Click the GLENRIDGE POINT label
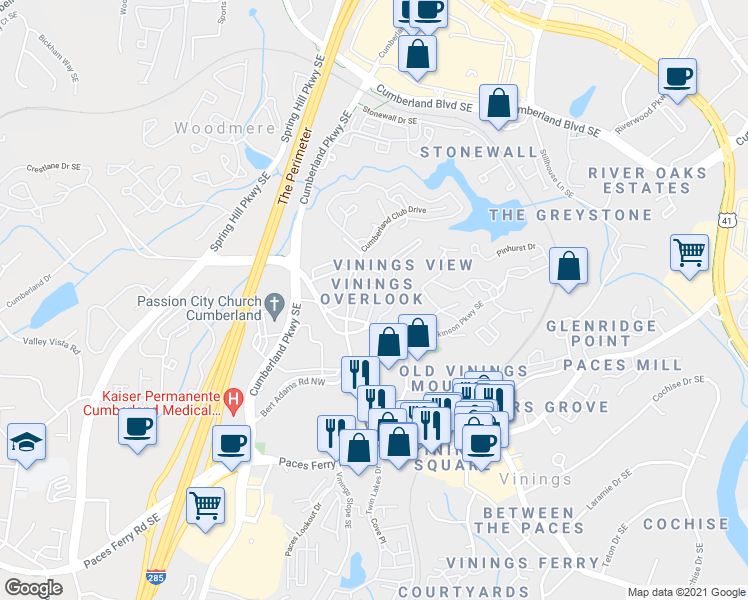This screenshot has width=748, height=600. tap(602, 334)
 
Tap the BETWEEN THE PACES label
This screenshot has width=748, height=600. tap(529, 520)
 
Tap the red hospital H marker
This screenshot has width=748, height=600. tap(234, 398)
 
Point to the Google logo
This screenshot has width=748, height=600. tap(34, 588)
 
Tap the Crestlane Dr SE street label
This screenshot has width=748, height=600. tap(52, 168)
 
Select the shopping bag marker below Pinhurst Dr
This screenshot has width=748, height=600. tap(567, 267)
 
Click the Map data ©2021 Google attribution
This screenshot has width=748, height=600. tap(685, 592)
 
